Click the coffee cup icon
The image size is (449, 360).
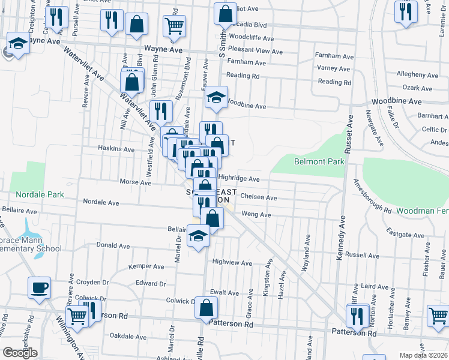pos(39,287)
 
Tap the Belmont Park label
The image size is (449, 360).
pos(319,162)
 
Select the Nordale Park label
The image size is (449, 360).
pos(40,195)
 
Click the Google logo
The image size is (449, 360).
pos(20,353)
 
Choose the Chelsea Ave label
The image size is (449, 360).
pos(258,197)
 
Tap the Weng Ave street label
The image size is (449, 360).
pos(256,214)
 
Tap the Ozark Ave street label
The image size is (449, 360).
pos(418,88)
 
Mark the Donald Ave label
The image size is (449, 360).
pos(113,245)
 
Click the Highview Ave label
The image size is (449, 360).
pos(232,263)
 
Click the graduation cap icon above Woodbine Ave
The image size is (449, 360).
pos(215,97)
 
